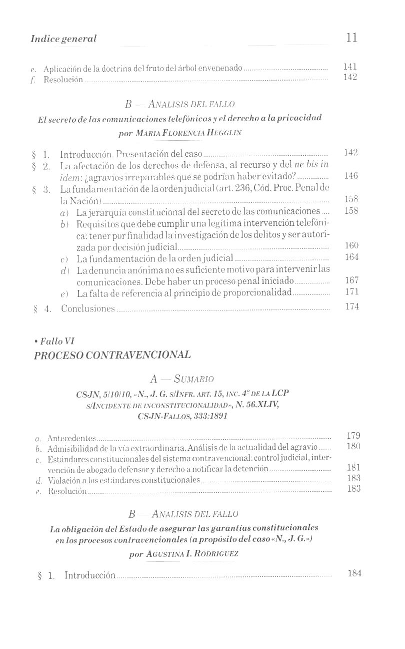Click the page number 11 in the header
pos(351,38)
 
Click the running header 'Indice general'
pos(63,39)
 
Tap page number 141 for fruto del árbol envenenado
pos(350,67)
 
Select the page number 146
pos(351,176)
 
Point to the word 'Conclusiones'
pos(88,308)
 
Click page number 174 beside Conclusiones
pos(352,306)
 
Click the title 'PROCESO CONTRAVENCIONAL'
pos(112,355)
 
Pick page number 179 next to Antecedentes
pos(353,436)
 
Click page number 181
pos(353,468)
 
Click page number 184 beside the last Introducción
pos(354,573)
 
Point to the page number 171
pos(352,292)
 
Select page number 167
pos(352,281)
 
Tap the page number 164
pos(352,257)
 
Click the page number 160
pos(352,246)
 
